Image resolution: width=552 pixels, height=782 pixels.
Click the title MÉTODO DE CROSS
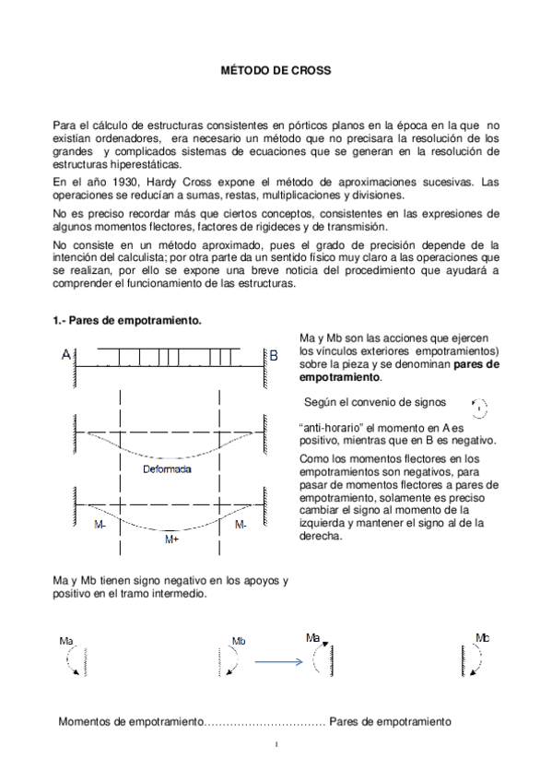276,71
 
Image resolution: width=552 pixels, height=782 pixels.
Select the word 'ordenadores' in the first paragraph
109,136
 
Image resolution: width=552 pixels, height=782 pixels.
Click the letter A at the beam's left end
66,355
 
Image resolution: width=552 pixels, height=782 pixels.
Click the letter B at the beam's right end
273,355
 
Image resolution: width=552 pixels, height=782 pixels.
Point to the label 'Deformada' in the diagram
168,469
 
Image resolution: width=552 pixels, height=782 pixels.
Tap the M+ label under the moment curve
171,539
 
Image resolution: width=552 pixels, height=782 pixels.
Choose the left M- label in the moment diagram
100,524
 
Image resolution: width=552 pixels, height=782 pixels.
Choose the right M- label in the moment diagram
241,524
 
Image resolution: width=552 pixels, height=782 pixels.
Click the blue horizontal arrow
279,661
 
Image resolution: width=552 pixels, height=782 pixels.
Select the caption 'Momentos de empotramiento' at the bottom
129,720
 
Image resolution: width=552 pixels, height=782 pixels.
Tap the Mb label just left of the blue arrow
239,641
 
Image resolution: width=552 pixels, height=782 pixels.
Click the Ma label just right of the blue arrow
313,636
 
